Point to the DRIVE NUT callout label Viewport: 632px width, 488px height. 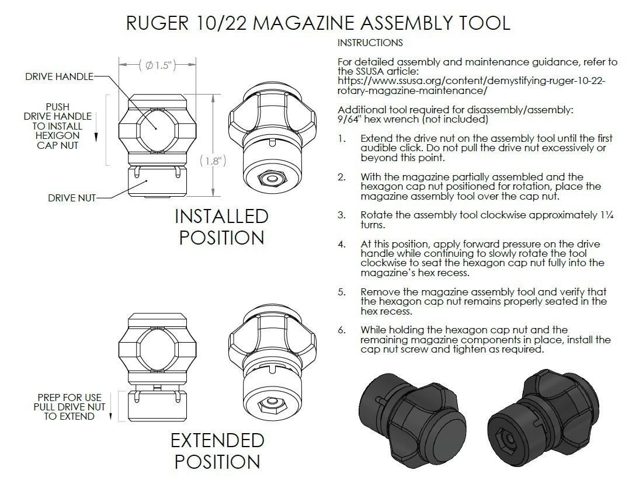[71, 198]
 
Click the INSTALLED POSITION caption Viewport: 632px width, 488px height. [221, 227]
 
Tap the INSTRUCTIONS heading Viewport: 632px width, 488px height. [370, 43]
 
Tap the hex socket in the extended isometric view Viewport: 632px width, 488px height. [271, 402]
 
